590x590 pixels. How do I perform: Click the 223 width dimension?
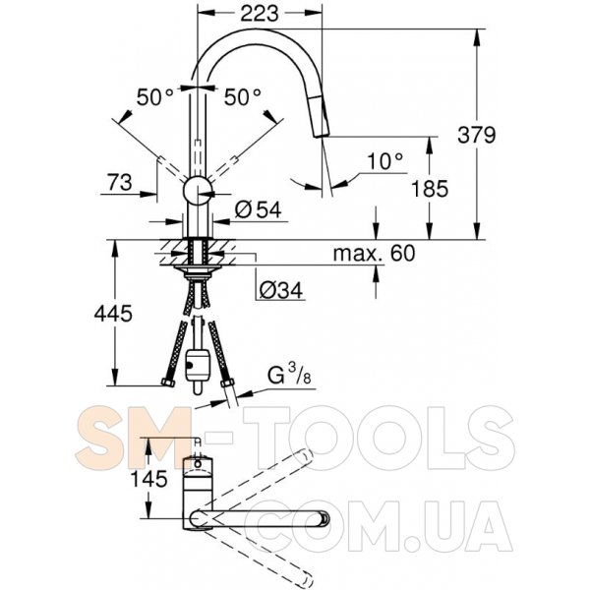tap(260, 14)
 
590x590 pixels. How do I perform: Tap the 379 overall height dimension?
tap(477, 135)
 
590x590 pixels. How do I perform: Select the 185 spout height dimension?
tap(430, 189)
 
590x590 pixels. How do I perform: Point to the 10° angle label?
tap(384, 161)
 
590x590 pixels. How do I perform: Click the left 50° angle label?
tap(154, 97)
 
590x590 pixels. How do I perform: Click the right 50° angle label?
tap(242, 97)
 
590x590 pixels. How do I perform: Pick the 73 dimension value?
tap(120, 182)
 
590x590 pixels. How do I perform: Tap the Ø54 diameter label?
tap(258, 209)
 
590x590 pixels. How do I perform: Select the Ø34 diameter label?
tap(280, 290)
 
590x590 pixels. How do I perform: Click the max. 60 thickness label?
tap(374, 254)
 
